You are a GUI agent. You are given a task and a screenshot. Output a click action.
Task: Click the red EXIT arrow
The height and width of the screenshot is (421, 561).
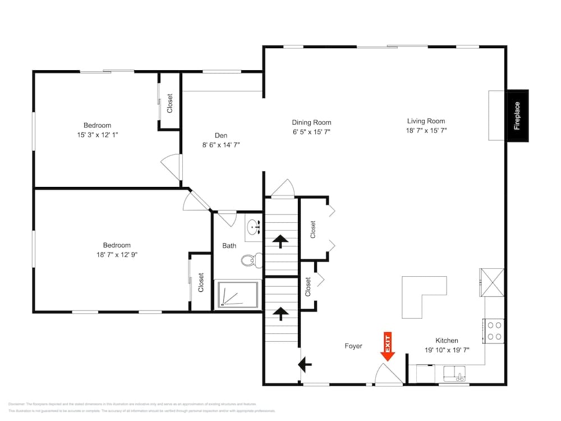[x=388, y=346]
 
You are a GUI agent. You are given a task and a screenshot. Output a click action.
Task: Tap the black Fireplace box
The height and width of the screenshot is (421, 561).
[x=517, y=116]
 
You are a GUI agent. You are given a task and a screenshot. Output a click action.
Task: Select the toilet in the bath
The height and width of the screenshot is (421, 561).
[x=251, y=260]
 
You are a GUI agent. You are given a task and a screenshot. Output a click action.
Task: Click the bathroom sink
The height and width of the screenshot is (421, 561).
[x=254, y=227]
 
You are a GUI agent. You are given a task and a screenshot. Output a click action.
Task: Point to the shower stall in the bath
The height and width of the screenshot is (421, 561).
[x=238, y=295]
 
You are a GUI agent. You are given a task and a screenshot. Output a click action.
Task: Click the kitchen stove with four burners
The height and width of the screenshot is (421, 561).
[x=494, y=331]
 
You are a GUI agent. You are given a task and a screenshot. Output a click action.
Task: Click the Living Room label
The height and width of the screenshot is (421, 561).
[x=426, y=121]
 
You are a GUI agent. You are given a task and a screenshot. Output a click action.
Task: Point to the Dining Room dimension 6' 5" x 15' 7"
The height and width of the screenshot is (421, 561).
[x=311, y=132]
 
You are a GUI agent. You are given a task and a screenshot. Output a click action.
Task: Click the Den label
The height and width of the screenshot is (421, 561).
[x=221, y=135]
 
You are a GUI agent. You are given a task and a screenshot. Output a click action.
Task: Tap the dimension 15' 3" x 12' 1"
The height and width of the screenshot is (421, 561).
[x=98, y=135]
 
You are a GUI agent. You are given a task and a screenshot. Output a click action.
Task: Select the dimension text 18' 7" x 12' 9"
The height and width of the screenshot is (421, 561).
[x=117, y=254]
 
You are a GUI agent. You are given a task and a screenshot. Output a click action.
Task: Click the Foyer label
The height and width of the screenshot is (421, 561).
[x=353, y=346]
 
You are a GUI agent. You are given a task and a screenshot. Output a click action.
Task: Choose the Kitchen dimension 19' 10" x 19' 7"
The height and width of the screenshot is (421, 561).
[x=447, y=350]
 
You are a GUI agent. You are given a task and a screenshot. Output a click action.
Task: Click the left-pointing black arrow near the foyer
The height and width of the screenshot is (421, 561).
[x=305, y=365]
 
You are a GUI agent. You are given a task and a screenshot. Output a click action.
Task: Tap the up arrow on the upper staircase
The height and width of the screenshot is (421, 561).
[x=280, y=241]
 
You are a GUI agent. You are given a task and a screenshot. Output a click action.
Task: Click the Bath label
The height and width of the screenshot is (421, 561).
[x=229, y=245]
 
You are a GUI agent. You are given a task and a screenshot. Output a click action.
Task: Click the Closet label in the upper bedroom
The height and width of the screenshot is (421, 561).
[x=169, y=103]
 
